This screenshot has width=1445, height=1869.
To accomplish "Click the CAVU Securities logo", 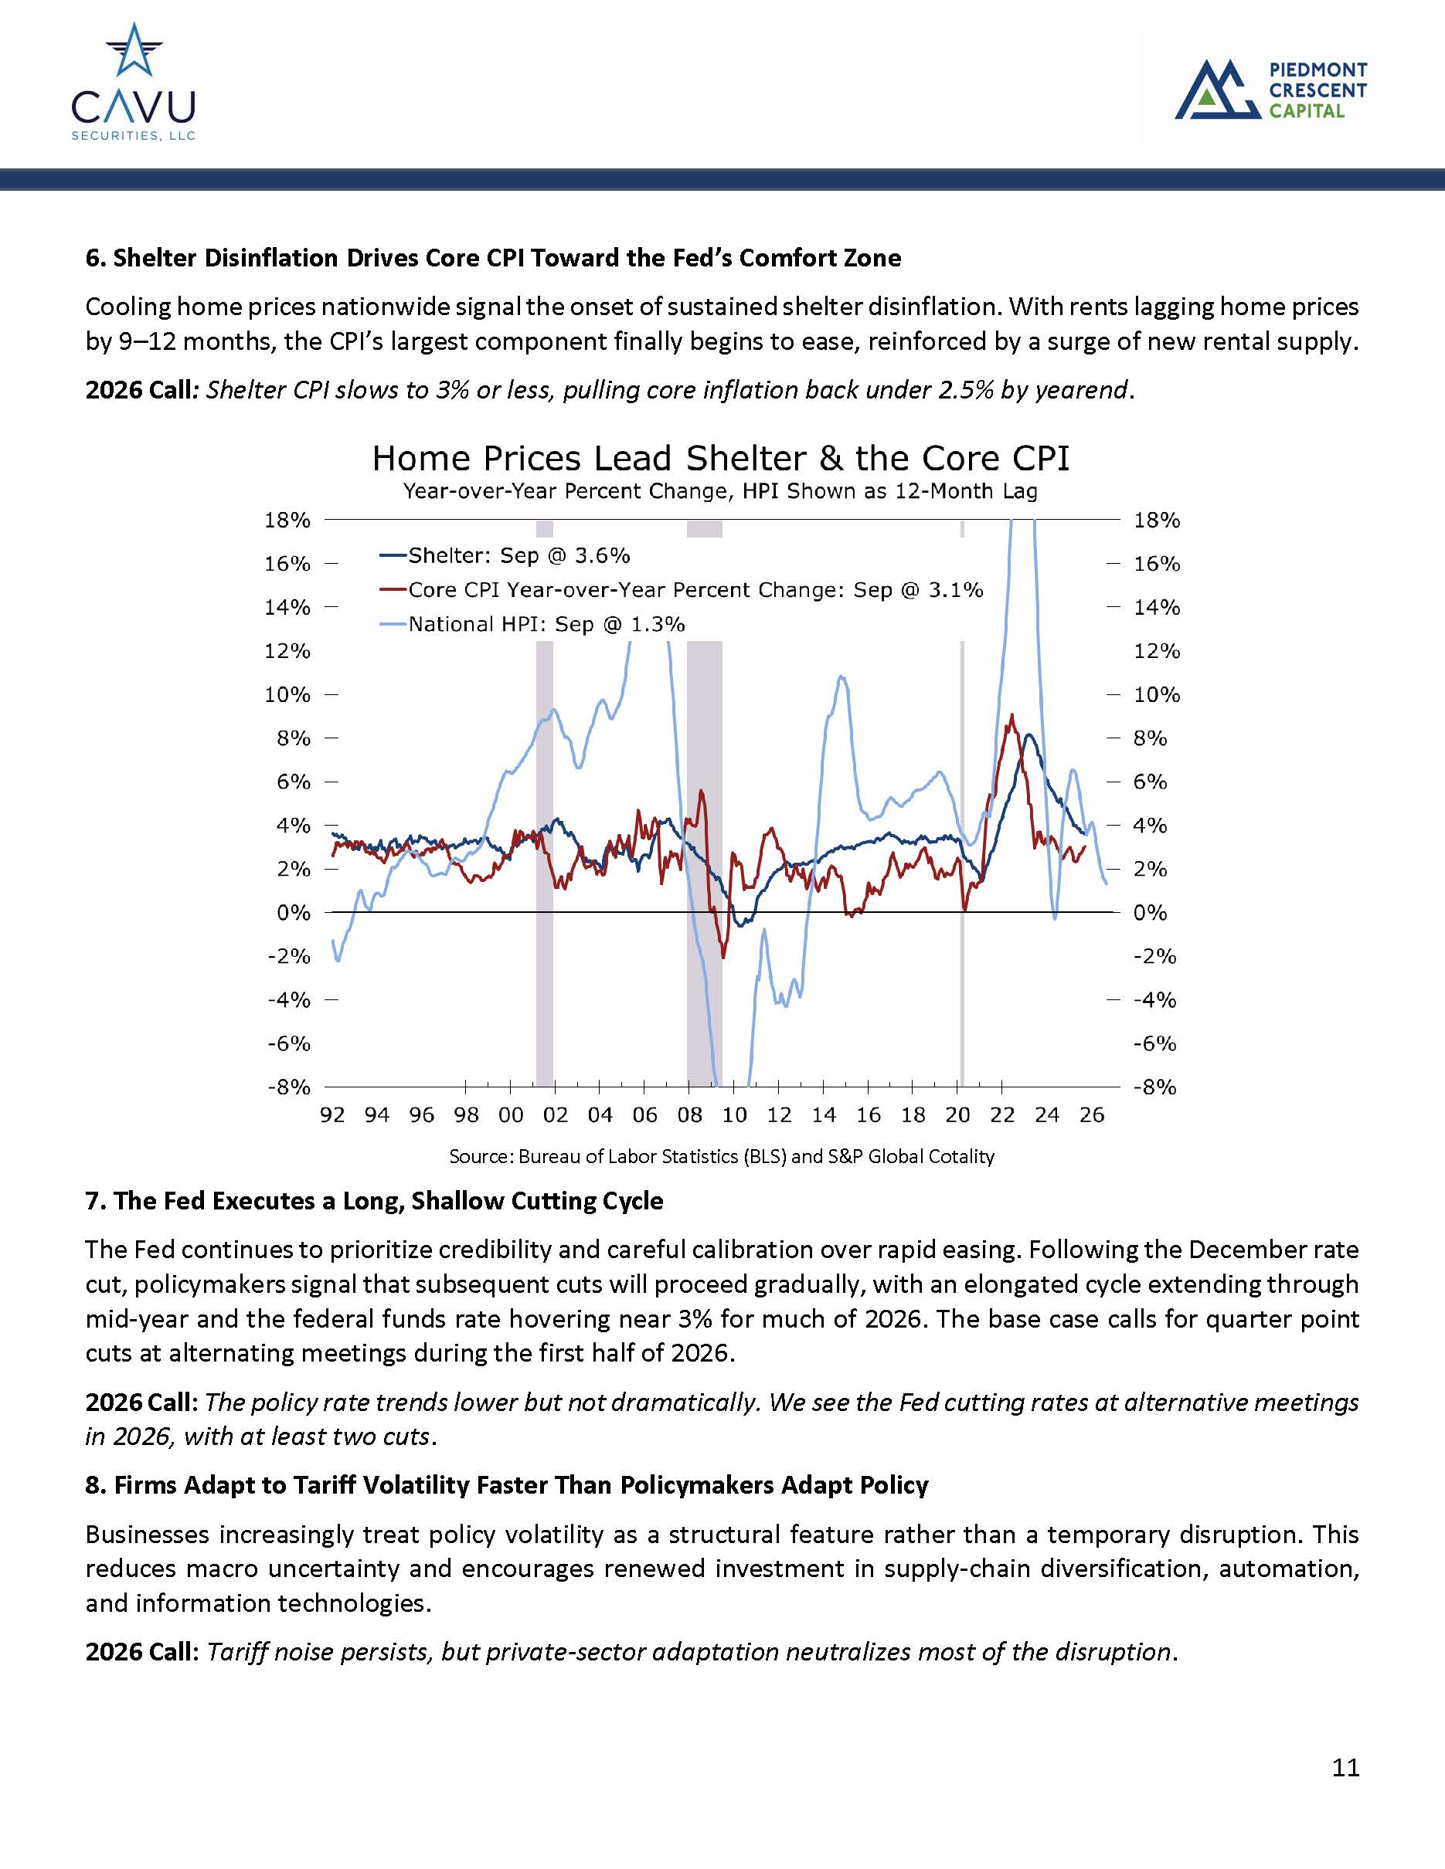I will point(134,82).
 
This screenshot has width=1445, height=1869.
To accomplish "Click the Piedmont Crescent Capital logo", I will point(1270,89).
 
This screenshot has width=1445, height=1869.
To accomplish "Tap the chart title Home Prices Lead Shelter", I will point(720,459).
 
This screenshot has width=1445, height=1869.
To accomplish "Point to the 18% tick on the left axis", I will point(287,520).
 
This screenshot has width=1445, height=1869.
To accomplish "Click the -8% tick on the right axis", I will point(1154,1087).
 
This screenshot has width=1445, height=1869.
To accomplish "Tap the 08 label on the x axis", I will point(689,1115).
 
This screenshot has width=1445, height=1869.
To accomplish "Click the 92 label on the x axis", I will point(332,1115).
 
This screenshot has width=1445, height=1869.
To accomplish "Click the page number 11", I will point(1345,1767).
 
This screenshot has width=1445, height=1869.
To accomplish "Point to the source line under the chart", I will point(722,1156).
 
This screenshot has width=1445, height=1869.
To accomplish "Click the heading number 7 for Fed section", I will point(93,1201).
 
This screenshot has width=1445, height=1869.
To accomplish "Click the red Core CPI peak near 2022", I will point(1011,715).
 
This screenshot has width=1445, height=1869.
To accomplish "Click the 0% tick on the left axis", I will point(293,912).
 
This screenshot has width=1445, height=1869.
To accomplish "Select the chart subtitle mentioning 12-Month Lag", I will point(720,491).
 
